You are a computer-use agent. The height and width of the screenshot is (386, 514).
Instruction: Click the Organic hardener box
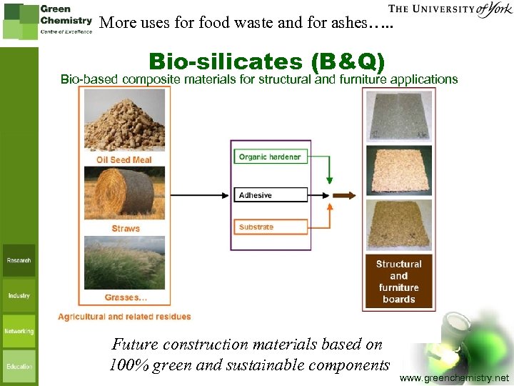click(x=270, y=157)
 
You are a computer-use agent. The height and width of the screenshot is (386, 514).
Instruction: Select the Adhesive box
click(x=270, y=195)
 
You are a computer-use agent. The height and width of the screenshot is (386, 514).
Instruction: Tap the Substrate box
click(x=270, y=227)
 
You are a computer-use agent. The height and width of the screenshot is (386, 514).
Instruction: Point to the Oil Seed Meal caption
click(x=124, y=159)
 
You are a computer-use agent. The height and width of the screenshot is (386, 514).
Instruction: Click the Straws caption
click(x=126, y=229)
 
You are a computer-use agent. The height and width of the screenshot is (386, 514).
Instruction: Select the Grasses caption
click(x=126, y=297)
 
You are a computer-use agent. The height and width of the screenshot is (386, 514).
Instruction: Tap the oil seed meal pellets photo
click(x=124, y=121)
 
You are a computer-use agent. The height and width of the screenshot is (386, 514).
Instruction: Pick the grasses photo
click(x=125, y=262)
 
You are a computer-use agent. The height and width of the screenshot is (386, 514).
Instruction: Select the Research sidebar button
click(x=19, y=261)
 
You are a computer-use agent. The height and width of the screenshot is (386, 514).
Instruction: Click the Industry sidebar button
click(x=19, y=295)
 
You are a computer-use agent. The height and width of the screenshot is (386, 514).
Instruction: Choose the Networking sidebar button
click(x=19, y=331)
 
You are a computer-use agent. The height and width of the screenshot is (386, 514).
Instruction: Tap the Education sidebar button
click(x=19, y=366)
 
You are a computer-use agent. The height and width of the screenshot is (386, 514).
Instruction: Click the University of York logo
click(x=450, y=10)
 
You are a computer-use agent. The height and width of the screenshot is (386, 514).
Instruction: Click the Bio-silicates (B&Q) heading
click(x=266, y=61)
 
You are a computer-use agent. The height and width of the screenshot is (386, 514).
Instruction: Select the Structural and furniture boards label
click(x=398, y=282)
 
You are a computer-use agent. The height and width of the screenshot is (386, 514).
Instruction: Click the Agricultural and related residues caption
click(x=124, y=316)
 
